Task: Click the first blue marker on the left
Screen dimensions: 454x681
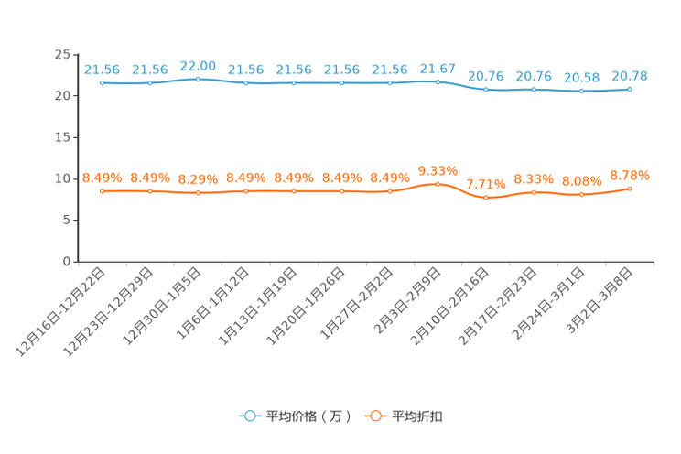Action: coord(102,83)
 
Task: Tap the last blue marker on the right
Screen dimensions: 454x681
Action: coord(630,89)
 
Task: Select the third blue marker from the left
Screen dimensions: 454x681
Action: coord(198,80)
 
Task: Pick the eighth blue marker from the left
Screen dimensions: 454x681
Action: coord(438,81)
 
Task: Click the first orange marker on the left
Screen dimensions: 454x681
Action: coord(102,191)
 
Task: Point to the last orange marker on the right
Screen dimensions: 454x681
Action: coord(630,189)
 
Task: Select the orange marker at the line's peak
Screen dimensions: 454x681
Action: coord(438,184)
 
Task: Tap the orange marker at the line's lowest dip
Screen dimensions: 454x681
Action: coord(486,198)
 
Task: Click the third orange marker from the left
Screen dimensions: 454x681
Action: coord(198,193)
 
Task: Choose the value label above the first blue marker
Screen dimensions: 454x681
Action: coord(102,69)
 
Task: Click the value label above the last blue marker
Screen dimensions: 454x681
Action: coord(630,75)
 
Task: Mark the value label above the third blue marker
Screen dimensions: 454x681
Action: coord(198,65)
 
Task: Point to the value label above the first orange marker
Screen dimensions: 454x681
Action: coord(102,178)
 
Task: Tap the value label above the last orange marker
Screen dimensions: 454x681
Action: coord(630,175)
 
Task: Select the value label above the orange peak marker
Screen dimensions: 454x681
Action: coord(438,170)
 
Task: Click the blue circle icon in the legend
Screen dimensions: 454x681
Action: coord(249,416)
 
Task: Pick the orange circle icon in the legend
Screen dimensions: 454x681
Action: coord(374,416)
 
